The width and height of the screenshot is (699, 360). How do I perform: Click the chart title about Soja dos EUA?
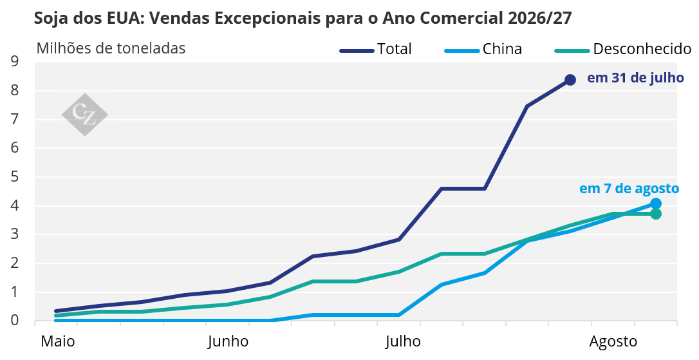(x=303, y=18)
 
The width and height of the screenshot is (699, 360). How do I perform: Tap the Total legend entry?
(x=375, y=49)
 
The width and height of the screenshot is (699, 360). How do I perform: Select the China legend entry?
(x=483, y=49)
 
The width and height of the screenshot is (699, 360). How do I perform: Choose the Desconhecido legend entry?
(x=623, y=49)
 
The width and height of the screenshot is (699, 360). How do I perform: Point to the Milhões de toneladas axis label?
(x=111, y=48)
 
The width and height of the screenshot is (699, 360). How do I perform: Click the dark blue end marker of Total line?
(x=570, y=80)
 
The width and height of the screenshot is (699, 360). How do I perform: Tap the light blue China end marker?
(x=655, y=204)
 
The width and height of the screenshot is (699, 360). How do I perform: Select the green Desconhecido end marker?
(x=655, y=214)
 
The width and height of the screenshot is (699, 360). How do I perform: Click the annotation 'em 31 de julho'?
(x=635, y=78)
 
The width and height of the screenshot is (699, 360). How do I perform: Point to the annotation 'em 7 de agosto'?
(x=629, y=189)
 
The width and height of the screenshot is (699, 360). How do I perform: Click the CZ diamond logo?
(x=85, y=115)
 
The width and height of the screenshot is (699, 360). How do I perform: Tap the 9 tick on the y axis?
(x=15, y=61)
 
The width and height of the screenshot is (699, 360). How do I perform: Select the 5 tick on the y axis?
(x=15, y=176)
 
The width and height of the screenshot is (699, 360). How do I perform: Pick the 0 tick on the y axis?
(x=15, y=320)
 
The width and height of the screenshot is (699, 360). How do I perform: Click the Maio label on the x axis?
(x=58, y=341)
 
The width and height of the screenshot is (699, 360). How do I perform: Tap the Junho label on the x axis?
(x=228, y=341)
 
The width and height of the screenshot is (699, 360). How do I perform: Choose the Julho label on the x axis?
(x=403, y=341)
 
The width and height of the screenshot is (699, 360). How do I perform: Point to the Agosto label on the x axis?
(x=613, y=342)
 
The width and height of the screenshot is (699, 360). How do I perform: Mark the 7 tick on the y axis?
(x=15, y=119)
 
